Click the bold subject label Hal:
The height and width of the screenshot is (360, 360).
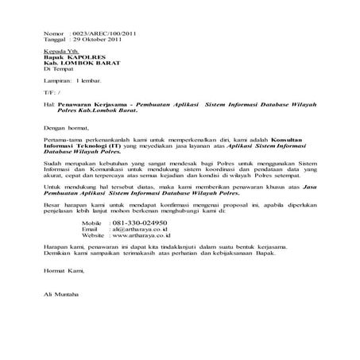49,104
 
